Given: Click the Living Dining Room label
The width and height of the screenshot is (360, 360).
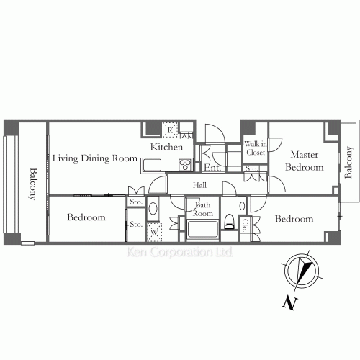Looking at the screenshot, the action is (x=95, y=158).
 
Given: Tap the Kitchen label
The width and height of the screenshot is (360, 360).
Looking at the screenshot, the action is (x=166, y=147).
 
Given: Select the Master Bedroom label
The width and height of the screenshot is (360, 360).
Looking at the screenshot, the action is (x=305, y=161).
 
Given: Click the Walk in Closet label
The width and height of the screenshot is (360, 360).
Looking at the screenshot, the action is (x=256, y=148).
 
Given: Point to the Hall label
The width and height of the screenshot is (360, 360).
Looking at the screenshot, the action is (x=199, y=185).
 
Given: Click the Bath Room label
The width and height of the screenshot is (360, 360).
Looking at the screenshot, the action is (x=203, y=209).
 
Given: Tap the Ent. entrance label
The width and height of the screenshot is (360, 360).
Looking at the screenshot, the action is (x=212, y=168).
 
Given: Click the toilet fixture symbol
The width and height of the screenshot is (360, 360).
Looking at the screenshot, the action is (x=229, y=221).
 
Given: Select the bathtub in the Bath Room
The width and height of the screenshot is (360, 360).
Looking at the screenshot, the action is (x=202, y=230).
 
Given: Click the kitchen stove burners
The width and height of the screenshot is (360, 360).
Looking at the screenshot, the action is (x=185, y=165).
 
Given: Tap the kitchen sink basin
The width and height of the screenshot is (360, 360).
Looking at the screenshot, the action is (x=152, y=165).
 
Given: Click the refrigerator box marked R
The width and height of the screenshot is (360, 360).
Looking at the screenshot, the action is (x=170, y=130).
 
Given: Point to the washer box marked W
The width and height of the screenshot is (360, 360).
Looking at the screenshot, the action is (x=154, y=232).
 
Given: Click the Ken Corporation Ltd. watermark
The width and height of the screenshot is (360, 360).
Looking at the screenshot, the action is (x=180, y=252).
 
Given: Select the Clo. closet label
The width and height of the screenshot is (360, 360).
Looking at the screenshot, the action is (x=245, y=226).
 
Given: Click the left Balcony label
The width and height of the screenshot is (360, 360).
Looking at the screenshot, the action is (x=33, y=184).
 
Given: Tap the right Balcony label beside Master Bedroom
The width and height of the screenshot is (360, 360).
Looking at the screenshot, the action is (x=348, y=162).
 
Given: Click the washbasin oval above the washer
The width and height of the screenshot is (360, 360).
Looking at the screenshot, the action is (x=153, y=208).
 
